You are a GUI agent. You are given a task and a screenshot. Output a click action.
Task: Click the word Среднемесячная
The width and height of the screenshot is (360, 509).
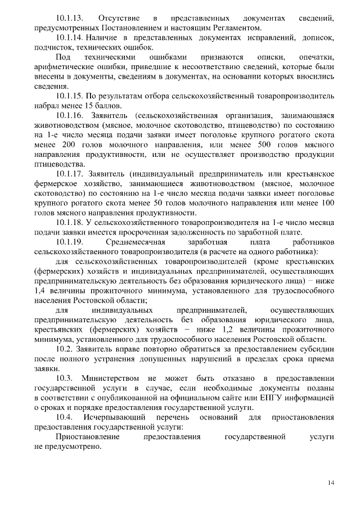[134, 242]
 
